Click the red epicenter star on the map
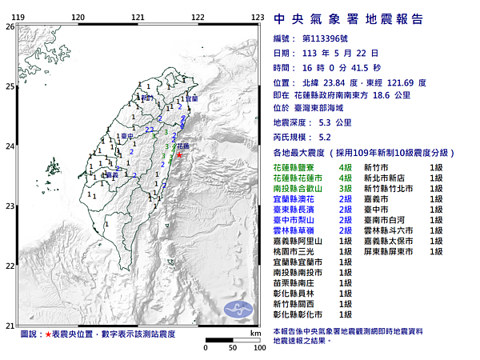[178, 155]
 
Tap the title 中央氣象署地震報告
[348, 19]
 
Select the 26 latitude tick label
[10, 26]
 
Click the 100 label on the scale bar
[258, 349]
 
